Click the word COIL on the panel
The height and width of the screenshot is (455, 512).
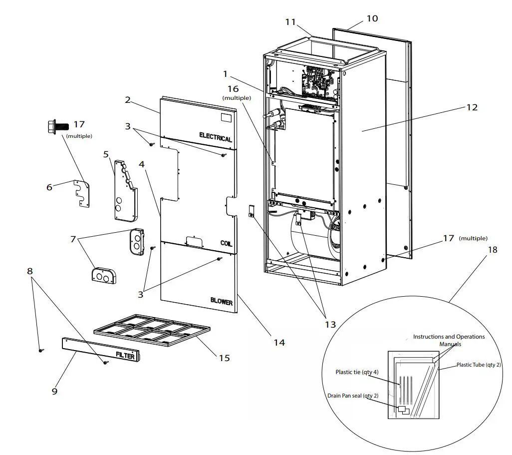[x=226, y=243]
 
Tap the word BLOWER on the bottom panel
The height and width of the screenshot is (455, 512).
[x=221, y=302]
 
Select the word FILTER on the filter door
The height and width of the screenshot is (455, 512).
[x=125, y=356]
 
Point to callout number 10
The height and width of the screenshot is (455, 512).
[x=372, y=19]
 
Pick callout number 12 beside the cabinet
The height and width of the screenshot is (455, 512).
[x=472, y=107]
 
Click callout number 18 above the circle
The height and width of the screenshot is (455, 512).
[x=492, y=250]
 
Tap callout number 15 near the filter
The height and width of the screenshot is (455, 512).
[x=224, y=358]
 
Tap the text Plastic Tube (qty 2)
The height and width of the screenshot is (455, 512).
[x=478, y=365]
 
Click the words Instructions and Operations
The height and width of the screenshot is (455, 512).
[x=449, y=337]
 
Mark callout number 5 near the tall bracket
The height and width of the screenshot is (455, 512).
[x=106, y=154]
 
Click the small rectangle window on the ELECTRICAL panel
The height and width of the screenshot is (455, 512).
[x=226, y=118]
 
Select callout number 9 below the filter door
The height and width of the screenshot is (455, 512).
[x=54, y=391]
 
